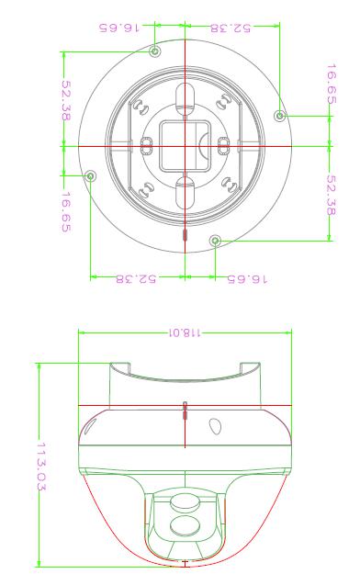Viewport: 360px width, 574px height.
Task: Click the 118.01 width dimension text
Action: [x=185, y=332]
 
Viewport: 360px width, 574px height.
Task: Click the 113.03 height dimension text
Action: [x=41, y=466]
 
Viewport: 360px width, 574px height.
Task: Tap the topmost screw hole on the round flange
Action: [x=155, y=51]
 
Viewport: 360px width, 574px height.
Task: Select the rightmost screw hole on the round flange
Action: [x=280, y=116]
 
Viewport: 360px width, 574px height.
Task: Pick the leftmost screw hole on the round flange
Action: [x=90, y=176]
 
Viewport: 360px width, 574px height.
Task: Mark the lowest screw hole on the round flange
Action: [x=215, y=241]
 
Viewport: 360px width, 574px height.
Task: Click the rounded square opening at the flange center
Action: [x=185, y=146]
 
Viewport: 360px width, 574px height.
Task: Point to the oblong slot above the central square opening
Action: [x=185, y=100]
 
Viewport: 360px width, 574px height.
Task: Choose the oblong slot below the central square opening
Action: [x=185, y=193]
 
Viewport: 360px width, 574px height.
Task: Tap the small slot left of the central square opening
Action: [x=146, y=146]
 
